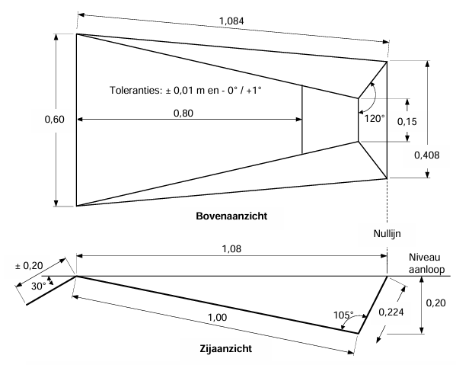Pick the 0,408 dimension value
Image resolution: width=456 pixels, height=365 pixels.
point(426,155)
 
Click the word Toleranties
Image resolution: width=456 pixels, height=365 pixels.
point(136,90)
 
